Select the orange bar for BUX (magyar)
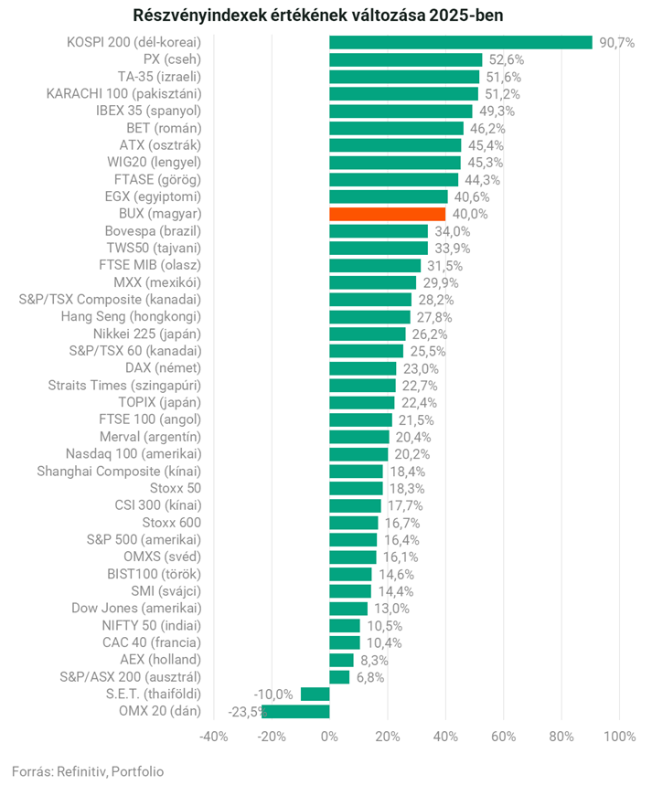[x=387, y=214]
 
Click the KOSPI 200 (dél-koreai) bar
[x=460, y=42]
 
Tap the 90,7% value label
[x=617, y=43]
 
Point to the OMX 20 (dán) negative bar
[x=295, y=711]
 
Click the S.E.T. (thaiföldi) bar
[x=315, y=695]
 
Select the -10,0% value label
[x=274, y=695]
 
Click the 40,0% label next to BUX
[x=470, y=214]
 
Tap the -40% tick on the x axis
[x=213, y=737]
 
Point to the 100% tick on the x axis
[x=619, y=737]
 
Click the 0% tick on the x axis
[x=329, y=737]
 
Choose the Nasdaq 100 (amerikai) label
[x=134, y=454]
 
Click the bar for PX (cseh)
[x=405, y=59]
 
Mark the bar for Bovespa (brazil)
[x=379, y=231]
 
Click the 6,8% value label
[x=370, y=677]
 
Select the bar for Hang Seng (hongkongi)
[x=369, y=317]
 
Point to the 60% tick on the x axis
[x=503, y=737]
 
